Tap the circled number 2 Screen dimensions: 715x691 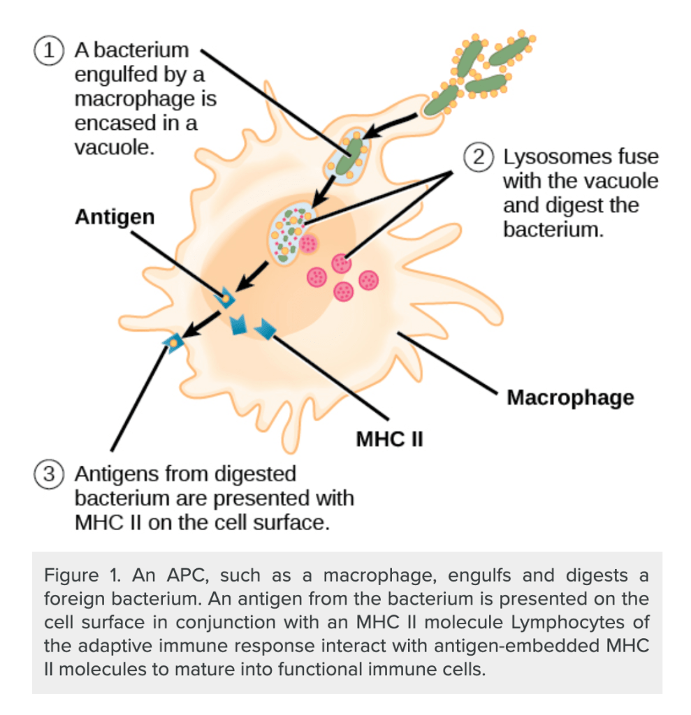tap(479, 156)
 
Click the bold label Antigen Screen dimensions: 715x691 tap(115, 216)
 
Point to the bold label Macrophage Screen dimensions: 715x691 tap(570, 397)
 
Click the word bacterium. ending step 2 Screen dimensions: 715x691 tap(553, 230)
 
